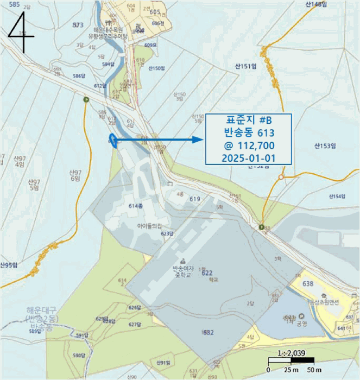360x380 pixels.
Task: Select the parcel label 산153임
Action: coord(325,145)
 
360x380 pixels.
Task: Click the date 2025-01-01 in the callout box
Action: coord(249,157)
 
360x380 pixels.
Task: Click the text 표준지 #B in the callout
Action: coord(249,120)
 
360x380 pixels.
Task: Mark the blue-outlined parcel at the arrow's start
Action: coord(113,140)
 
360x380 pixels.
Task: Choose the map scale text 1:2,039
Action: coord(290,353)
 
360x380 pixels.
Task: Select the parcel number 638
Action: coord(308,284)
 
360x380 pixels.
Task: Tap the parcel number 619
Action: coord(195,199)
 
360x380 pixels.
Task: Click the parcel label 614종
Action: coord(135,206)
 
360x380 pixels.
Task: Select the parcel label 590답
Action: coord(79,356)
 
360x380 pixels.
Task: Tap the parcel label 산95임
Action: coord(8,265)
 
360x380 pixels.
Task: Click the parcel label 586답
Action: coord(79,75)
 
